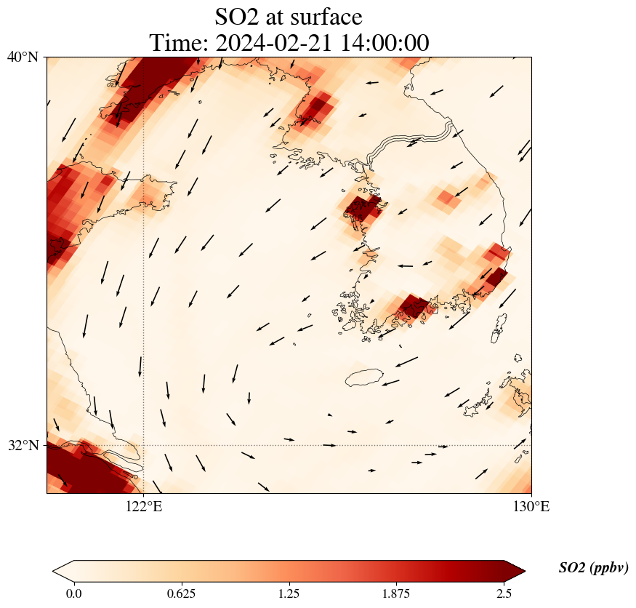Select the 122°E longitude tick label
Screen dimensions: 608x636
point(144,507)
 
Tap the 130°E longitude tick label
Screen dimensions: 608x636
point(531,507)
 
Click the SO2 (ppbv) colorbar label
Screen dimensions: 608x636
point(593,568)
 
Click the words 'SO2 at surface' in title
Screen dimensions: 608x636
point(289,16)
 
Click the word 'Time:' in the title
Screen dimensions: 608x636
point(179,43)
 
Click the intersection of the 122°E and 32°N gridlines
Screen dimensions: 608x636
point(144,445)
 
